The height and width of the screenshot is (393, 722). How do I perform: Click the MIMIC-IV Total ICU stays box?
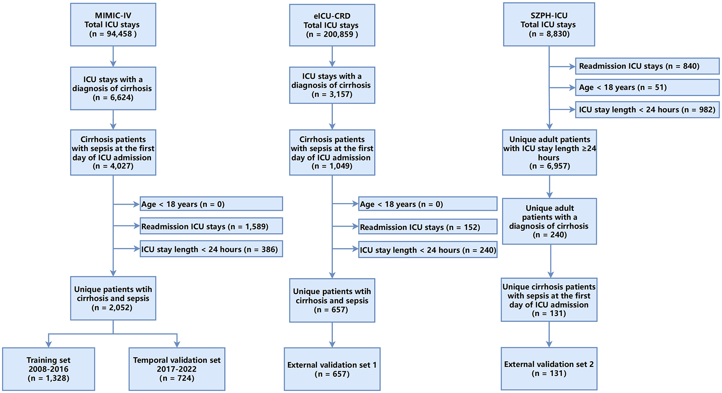pyautogui.click(x=113, y=25)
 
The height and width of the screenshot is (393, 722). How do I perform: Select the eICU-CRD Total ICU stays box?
pyautogui.click(x=332, y=25)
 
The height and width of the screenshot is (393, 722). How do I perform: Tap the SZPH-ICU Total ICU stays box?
pyautogui.click(x=549, y=24)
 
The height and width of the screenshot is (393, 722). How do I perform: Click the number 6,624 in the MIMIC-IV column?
pyautogui.click(x=121, y=97)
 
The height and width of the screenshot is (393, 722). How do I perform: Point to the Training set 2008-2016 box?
pyautogui.click(x=48, y=369)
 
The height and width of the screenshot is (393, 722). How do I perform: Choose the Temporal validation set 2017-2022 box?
pyautogui.click(x=176, y=369)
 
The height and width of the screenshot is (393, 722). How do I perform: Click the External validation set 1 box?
pyautogui.click(x=332, y=369)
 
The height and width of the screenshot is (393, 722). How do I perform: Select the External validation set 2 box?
pyautogui.click(x=549, y=369)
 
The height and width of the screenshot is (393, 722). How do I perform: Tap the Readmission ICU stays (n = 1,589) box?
pyautogui.click(x=211, y=226)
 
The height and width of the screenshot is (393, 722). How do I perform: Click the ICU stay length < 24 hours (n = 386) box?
pyautogui.click(x=211, y=249)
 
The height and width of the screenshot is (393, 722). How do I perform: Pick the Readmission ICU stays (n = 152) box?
pyautogui.click(x=428, y=227)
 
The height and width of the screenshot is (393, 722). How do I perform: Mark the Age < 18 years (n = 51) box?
pyautogui.click(x=647, y=87)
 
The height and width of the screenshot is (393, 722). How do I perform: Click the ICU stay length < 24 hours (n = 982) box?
pyautogui.click(x=647, y=110)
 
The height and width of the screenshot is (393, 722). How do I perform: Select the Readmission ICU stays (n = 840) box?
pyautogui.click(x=647, y=66)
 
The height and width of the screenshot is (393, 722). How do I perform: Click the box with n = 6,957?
pyautogui.click(x=549, y=152)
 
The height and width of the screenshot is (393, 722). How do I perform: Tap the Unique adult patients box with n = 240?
pyautogui.click(x=549, y=221)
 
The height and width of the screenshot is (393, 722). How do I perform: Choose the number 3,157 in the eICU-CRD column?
pyautogui.click(x=340, y=95)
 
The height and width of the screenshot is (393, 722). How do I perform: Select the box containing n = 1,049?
pyautogui.click(x=332, y=152)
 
